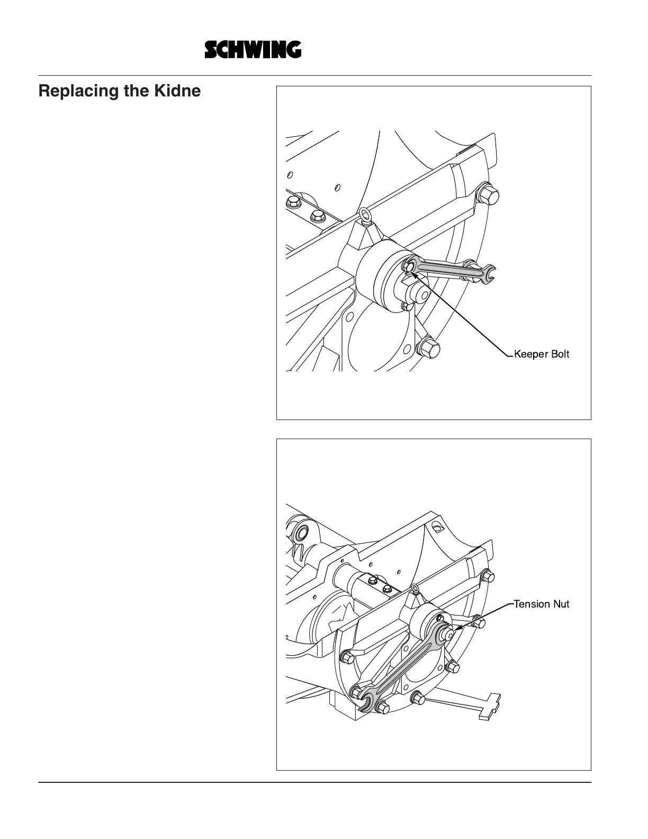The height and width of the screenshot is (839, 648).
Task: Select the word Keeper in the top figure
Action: [531, 354]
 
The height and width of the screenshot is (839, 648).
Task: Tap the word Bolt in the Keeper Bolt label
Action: [560, 354]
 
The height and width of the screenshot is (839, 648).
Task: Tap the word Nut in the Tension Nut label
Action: [561, 604]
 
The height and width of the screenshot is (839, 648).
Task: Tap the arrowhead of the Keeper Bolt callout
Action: [412, 270]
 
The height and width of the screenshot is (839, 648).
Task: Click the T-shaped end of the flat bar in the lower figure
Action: [490, 706]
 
